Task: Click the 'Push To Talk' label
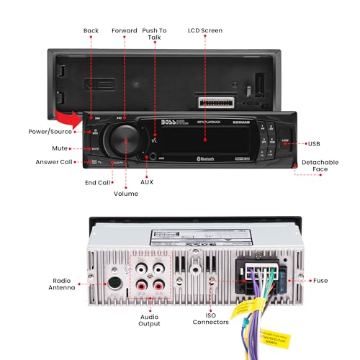(155, 35)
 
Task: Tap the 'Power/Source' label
(50, 132)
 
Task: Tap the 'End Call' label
(97, 182)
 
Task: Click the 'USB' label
(314, 143)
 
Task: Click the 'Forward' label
(124, 31)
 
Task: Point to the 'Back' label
(91, 31)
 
